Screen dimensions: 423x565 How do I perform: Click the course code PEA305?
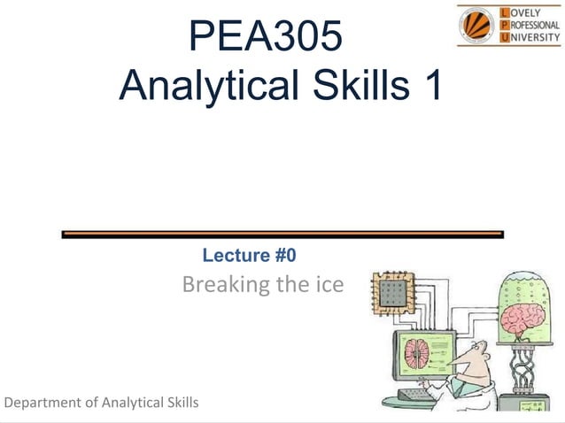click(x=265, y=37)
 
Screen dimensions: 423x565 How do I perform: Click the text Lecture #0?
click(x=249, y=256)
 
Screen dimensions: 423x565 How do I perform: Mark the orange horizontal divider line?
click(x=282, y=235)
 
